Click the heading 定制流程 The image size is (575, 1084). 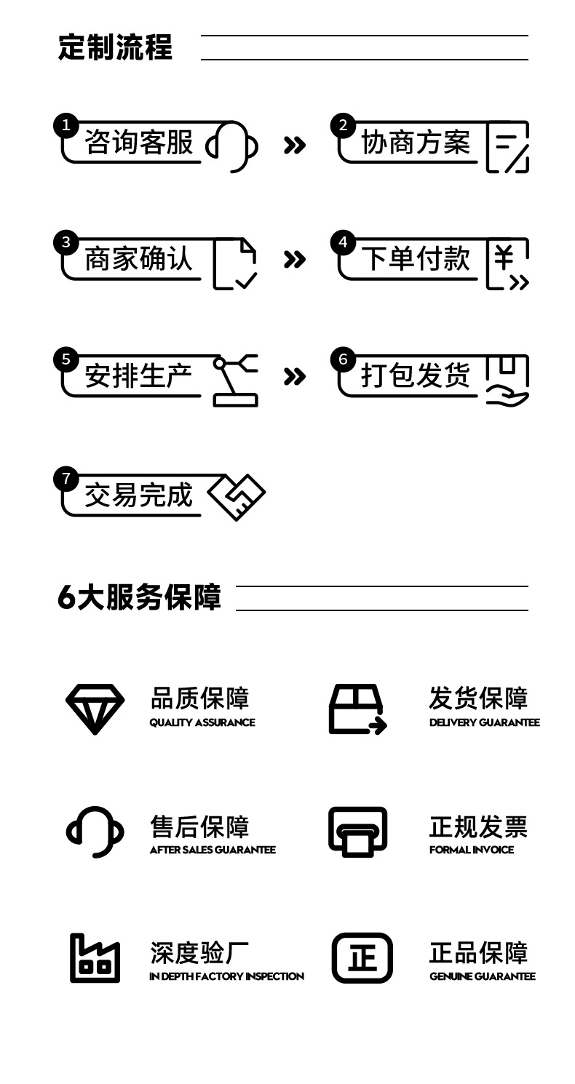115,47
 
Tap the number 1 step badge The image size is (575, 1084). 66,126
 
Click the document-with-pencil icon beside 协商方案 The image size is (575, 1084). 507,147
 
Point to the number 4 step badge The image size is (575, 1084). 343,242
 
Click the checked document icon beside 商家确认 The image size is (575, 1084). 235,264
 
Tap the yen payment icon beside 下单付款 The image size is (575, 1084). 507,264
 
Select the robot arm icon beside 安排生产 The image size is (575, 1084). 235,380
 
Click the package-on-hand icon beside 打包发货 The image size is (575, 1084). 507,380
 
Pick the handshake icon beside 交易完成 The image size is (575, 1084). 237,498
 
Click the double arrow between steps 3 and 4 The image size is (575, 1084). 294,260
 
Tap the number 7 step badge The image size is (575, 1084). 66,479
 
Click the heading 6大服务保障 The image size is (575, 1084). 139,597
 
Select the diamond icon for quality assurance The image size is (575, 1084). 95,709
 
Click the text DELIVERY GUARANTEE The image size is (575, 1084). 485,722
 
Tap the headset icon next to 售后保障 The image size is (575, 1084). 95,832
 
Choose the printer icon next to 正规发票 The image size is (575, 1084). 357,832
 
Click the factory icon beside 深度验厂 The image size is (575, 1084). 95,958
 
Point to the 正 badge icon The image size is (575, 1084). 362,958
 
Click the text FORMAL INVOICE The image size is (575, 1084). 472,850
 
